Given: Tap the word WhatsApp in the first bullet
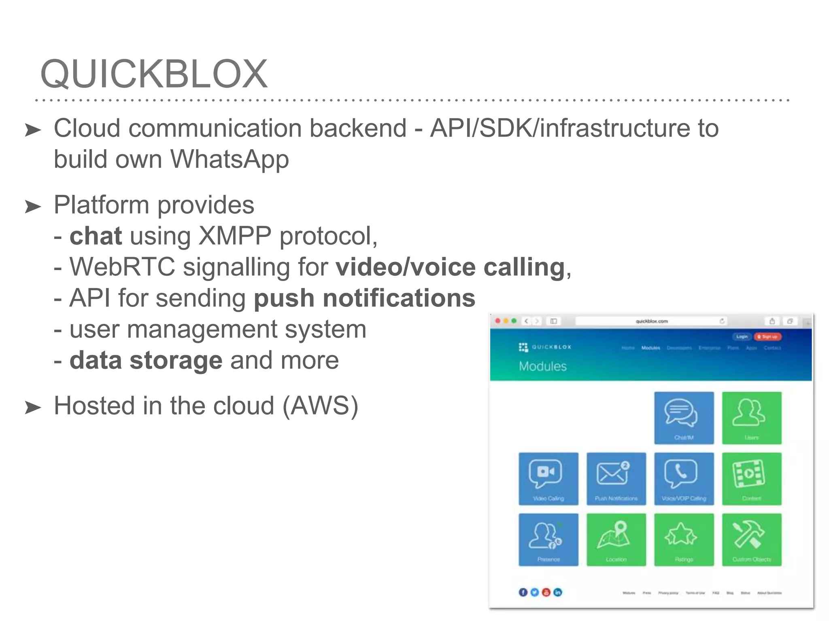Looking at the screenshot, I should point(230,159).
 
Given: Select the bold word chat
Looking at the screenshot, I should point(96,236).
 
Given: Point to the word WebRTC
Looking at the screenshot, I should point(122,267).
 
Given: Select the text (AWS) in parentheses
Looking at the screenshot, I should point(320,406).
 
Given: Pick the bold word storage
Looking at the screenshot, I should point(176,361).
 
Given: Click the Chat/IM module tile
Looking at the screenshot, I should point(684,418).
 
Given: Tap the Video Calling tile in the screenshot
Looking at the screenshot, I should point(548,479).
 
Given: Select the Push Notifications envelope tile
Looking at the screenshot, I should point(616,479).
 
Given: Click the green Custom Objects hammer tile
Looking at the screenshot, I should point(752,540).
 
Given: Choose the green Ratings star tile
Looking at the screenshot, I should point(684,540).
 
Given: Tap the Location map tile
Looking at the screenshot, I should point(616,540).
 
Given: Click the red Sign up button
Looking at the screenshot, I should point(767,337).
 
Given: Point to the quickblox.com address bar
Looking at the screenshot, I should point(651,321).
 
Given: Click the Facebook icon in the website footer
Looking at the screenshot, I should point(523,592).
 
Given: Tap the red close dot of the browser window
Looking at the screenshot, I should point(498,321).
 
